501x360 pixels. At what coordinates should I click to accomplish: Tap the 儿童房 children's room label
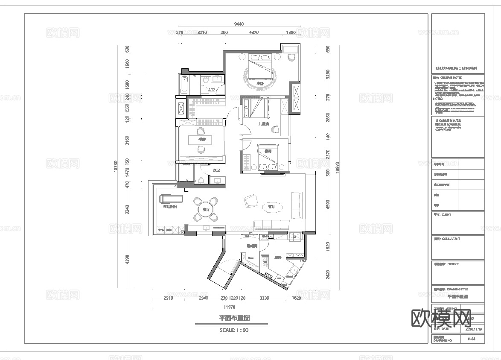coord(264,124)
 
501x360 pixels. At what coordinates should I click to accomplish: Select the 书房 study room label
coord(201,139)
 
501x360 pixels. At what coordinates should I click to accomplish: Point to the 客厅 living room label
coord(271,207)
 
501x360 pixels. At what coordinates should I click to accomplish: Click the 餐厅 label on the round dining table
coord(206,210)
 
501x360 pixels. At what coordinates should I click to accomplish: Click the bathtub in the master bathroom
coord(185,85)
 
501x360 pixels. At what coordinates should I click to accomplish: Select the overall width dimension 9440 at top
coord(239,24)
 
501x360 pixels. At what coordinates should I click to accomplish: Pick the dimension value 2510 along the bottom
coord(168,299)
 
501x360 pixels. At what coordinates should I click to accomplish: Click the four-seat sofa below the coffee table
coord(271,225)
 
